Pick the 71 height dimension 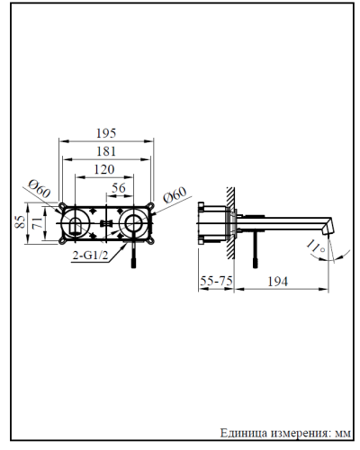click(x=34, y=222)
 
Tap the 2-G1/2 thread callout click(x=90, y=255)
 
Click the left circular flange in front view click(x=77, y=222)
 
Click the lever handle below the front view click(x=135, y=256)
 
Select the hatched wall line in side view click(x=232, y=220)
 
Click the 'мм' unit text click(x=339, y=433)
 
